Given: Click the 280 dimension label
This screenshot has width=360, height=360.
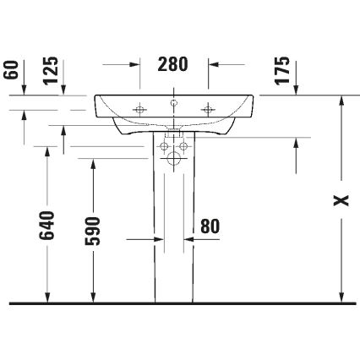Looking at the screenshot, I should (173, 63).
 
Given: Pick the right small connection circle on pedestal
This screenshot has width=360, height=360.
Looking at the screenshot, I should (184, 147).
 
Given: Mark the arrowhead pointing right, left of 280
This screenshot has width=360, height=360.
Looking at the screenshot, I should (135, 63).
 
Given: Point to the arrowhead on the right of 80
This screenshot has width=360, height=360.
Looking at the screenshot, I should (191, 240).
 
